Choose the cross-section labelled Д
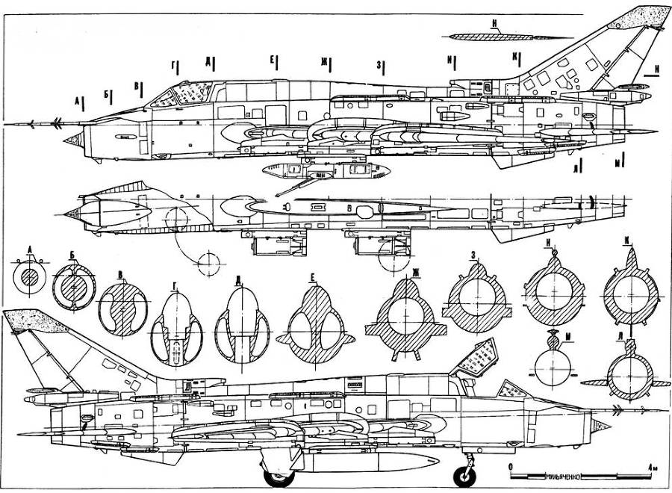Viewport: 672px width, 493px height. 240,329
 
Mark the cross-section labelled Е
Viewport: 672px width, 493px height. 314,322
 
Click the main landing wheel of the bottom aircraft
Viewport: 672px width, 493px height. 279,473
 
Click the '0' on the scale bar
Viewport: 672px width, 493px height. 510,466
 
